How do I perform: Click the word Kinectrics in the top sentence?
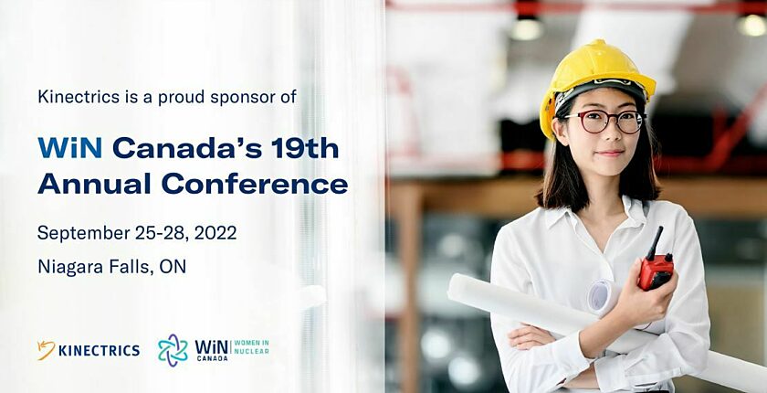(x=73, y=96)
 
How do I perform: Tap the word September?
(x=83, y=233)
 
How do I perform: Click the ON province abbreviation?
(x=173, y=267)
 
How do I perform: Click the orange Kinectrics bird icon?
(x=46, y=350)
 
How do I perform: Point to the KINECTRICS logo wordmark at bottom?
(x=99, y=350)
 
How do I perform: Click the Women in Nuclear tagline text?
(x=252, y=347)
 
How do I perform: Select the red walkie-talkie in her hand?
(x=656, y=269)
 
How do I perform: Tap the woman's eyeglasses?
(x=604, y=121)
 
